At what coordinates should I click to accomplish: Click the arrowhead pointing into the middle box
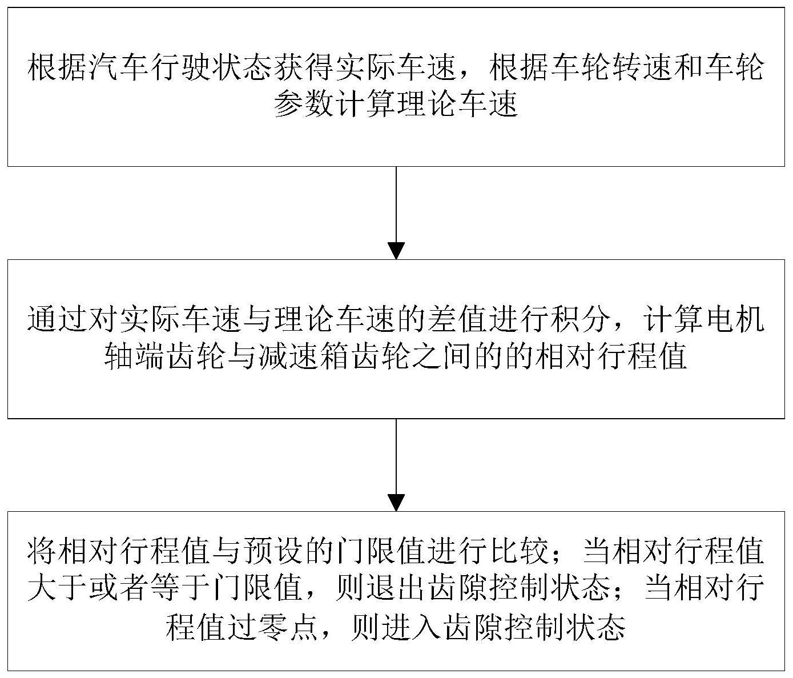click(x=396, y=251)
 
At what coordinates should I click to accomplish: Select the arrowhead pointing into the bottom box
click(x=396, y=503)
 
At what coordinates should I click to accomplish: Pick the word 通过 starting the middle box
click(x=58, y=319)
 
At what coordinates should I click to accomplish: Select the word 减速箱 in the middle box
click(x=304, y=356)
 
